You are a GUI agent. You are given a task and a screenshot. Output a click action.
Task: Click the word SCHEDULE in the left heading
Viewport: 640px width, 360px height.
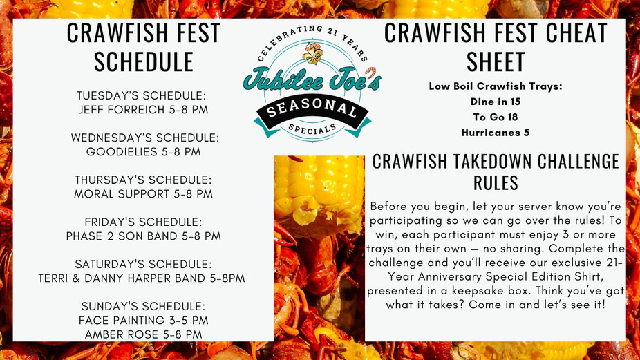143,62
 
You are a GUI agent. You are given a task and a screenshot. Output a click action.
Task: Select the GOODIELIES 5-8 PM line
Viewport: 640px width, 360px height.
143,152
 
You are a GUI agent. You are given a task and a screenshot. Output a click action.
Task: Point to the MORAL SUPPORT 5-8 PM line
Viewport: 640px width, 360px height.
143,194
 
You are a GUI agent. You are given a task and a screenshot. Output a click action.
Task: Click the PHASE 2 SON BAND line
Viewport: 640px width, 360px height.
143,236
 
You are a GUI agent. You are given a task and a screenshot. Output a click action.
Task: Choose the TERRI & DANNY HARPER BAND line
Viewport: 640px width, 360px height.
142,278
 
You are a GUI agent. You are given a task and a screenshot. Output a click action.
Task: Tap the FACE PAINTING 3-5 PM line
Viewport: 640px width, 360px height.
143,321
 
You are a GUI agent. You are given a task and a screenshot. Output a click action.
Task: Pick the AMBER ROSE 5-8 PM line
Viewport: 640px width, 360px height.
143,334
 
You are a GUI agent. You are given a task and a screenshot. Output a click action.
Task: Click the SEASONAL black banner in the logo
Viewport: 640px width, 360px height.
312,109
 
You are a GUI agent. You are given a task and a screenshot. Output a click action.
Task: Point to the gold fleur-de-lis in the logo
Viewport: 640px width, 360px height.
312,53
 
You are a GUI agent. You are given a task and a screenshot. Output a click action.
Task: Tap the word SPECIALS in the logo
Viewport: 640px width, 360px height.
312,129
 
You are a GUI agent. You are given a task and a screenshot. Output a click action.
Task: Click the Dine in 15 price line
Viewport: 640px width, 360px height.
496,102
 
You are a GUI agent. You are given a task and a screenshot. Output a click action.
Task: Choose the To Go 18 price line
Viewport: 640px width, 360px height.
496,117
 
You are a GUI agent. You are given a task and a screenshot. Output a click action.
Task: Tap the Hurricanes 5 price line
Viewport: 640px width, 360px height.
496,133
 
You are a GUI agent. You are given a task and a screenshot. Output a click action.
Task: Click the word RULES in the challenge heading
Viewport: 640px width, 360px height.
496,182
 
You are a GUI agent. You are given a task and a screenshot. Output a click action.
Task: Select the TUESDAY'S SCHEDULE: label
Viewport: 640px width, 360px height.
142,96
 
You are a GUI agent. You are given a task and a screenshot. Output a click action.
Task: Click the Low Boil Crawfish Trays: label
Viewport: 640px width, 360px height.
496,86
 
